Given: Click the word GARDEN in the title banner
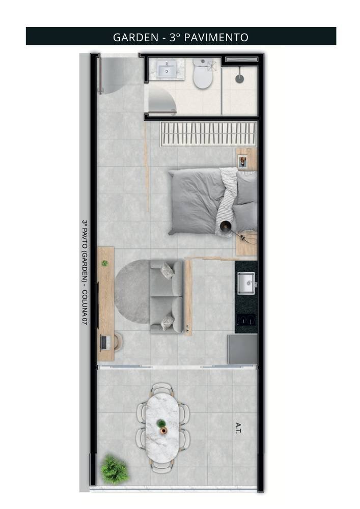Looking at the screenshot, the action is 135,37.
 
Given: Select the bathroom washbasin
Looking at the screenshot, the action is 167,69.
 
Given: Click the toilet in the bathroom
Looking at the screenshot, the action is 203,73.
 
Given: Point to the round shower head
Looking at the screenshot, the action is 239,78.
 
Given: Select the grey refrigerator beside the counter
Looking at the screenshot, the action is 242,350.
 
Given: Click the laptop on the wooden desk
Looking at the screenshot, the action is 105,343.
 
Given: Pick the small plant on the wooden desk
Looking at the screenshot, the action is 104,263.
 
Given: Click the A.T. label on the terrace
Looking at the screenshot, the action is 238,428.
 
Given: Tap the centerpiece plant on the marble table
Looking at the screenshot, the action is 161,424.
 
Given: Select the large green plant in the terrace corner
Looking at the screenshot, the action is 114,469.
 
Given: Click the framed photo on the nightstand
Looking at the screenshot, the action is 242,162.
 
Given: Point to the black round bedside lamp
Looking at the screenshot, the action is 225,225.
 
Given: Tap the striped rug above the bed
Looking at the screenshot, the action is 209,134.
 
